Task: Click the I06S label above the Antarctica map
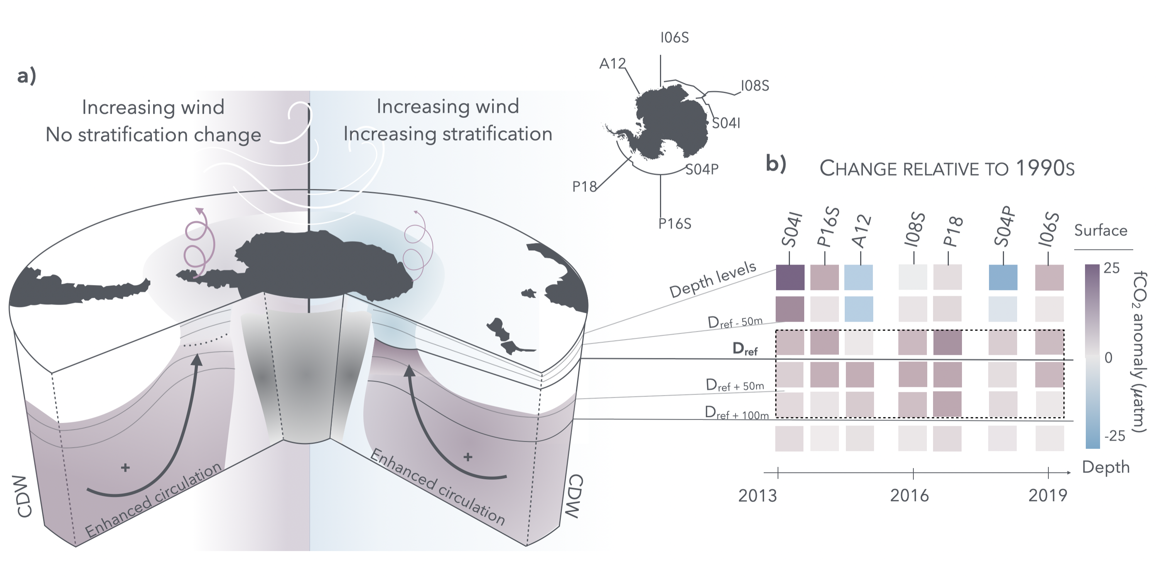click(x=674, y=38)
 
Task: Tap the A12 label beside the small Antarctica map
click(x=612, y=64)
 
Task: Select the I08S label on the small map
click(x=755, y=86)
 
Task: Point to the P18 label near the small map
click(x=584, y=187)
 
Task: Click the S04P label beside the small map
click(x=702, y=169)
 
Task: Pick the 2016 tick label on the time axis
click(x=909, y=496)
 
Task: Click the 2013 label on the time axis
click(x=757, y=496)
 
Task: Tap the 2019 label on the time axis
click(x=1048, y=496)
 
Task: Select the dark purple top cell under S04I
click(x=790, y=277)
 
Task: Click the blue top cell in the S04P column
click(x=1003, y=277)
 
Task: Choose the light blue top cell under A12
click(x=858, y=277)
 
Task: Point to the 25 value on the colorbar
click(x=1111, y=268)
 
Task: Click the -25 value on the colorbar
click(x=1114, y=436)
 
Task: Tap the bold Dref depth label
click(x=745, y=349)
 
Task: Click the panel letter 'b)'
click(x=776, y=164)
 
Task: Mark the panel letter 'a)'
click(x=27, y=76)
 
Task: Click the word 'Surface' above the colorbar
click(x=1100, y=231)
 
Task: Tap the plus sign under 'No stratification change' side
click(x=125, y=468)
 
